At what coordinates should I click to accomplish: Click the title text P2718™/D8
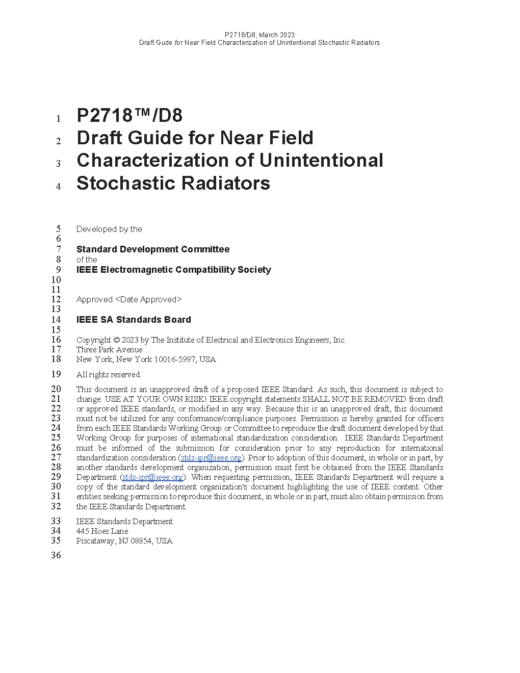pyautogui.click(x=129, y=116)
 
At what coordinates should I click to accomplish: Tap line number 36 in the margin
pyautogui.click(x=56, y=555)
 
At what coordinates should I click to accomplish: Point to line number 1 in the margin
pyautogui.click(x=59, y=119)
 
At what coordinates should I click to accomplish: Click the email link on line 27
pyautogui.click(x=211, y=458)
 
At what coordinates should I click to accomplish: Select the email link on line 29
pyautogui.click(x=152, y=477)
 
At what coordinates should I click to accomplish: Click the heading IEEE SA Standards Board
pyautogui.click(x=134, y=320)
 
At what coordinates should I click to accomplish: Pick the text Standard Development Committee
pyautogui.click(x=153, y=249)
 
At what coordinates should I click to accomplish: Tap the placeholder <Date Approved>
pyautogui.click(x=148, y=300)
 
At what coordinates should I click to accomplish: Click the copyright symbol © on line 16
pyautogui.click(x=116, y=340)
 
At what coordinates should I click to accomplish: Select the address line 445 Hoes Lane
pyautogui.click(x=102, y=531)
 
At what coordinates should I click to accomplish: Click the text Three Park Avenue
pyautogui.click(x=109, y=350)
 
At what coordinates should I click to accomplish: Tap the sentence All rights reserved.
pyautogui.click(x=109, y=375)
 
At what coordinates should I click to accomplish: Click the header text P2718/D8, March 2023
pyautogui.click(x=259, y=35)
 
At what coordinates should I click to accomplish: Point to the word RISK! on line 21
pyautogui.click(x=194, y=399)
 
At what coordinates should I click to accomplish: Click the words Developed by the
pyautogui.click(x=109, y=229)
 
